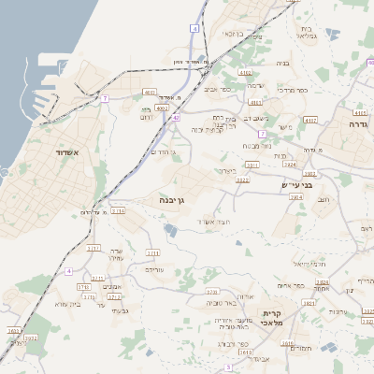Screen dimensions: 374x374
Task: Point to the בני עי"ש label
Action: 296,185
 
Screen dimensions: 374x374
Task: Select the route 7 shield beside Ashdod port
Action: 106,97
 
